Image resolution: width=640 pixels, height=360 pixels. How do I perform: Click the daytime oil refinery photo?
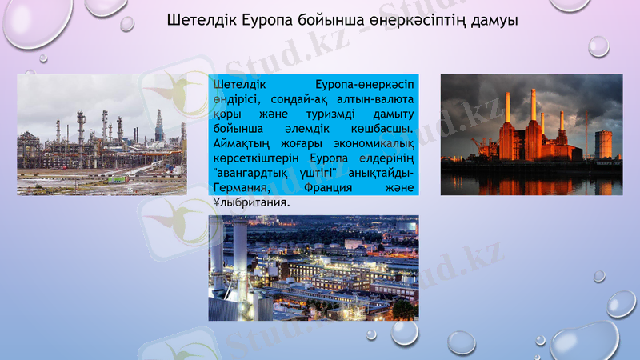pos(102,134)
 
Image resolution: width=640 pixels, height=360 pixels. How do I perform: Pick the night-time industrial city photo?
pos(313,268)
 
